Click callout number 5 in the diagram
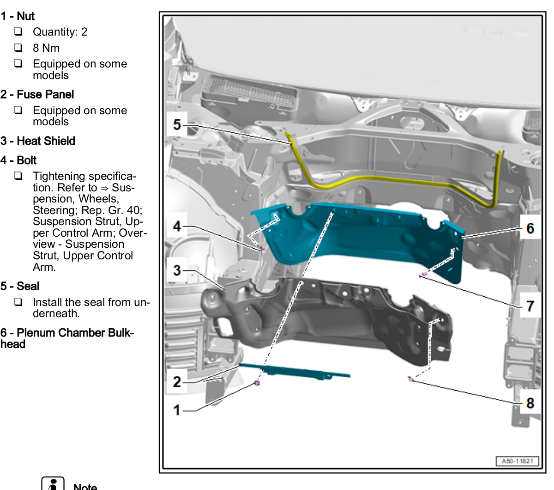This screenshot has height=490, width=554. pyautogui.click(x=177, y=124)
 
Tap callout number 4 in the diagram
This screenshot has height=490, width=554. pyautogui.click(x=177, y=226)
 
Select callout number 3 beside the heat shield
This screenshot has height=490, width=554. pyautogui.click(x=177, y=270)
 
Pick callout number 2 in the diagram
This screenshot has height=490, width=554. pyautogui.click(x=177, y=382)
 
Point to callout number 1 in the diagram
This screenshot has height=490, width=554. pyautogui.click(x=177, y=410)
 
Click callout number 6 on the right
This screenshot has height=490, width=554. pyautogui.click(x=530, y=228)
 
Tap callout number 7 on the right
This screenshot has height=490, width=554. pyautogui.click(x=530, y=306)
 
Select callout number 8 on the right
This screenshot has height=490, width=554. pyautogui.click(x=530, y=403)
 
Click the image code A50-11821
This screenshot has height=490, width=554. pyautogui.click(x=517, y=461)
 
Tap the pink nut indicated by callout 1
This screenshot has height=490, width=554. pyautogui.click(x=257, y=383)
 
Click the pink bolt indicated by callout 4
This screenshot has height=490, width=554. pyautogui.click(x=263, y=251)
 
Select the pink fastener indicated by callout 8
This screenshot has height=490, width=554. pyautogui.click(x=410, y=379)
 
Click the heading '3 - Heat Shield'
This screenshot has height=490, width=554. pyautogui.click(x=38, y=141)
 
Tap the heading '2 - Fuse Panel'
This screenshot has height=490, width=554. pyautogui.click(x=37, y=95)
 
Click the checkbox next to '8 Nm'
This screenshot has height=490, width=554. pyautogui.click(x=18, y=48)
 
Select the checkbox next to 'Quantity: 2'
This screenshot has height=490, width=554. pyautogui.click(x=18, y=32)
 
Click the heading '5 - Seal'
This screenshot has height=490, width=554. pyautogui.click(x=20, y=286)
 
